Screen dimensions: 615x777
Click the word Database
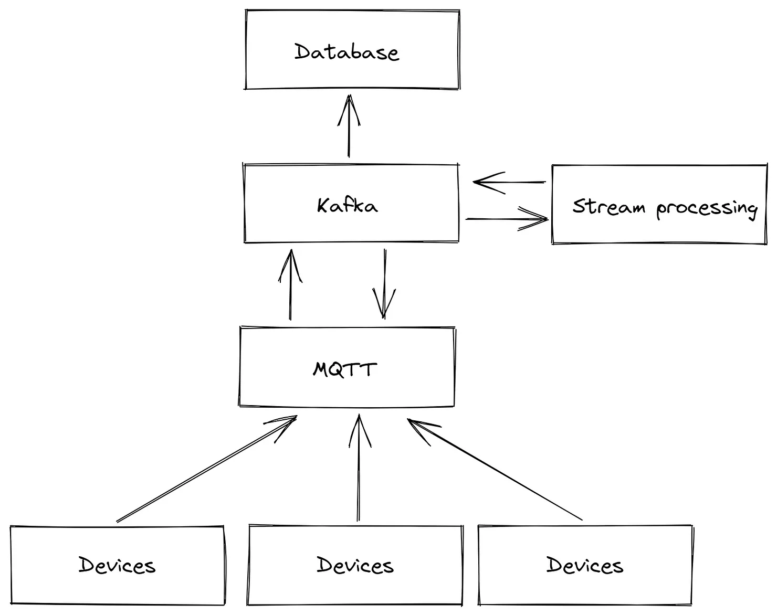346,52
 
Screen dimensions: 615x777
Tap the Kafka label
347,205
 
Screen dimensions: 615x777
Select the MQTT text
344,369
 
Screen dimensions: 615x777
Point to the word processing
707,208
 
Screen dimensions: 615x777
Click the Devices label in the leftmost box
117,565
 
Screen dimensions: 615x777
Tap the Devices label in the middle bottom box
355,565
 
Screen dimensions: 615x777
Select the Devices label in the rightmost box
584,565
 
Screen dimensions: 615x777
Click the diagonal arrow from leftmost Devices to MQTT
205,470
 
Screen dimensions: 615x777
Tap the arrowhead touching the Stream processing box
538,218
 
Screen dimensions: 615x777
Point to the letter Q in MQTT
337,370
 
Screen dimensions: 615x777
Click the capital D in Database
302,51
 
